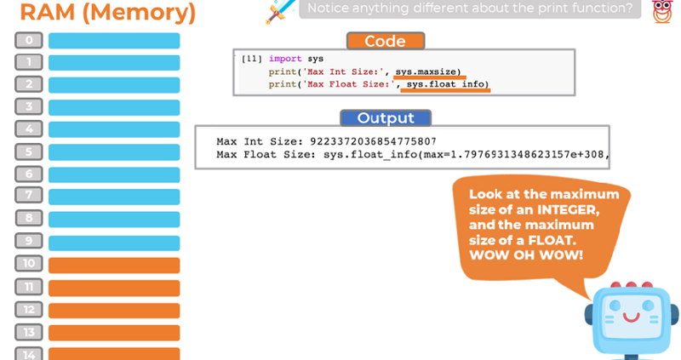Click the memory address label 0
(29, 40)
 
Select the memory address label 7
(29, 195)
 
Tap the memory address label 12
(29, 310)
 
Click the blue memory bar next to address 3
(114, 107)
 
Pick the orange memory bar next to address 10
(114, 266)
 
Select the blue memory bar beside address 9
(114, 243)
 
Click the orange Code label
(386, 41)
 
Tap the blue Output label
(386, 118)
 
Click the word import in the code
(285, 59)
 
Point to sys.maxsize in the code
(428, 71)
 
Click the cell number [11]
(251, 59)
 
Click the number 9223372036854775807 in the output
(373, 141)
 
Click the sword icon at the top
(281, 11)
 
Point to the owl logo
(662, 11)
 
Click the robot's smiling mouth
(631, 317)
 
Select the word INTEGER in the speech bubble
(568, 209)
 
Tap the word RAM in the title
(48, 12)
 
